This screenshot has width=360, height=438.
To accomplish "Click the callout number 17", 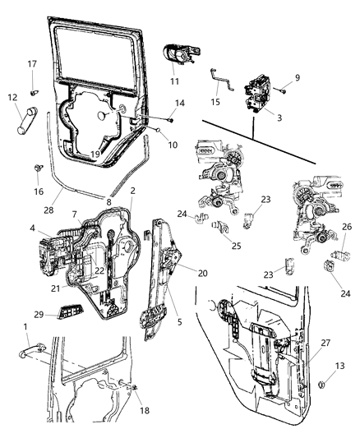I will coord(32,63).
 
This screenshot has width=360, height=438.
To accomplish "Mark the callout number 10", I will coord(171,145).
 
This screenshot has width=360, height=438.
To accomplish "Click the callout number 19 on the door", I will coord(97,154).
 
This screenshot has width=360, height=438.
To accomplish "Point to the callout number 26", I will coord(347,228).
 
